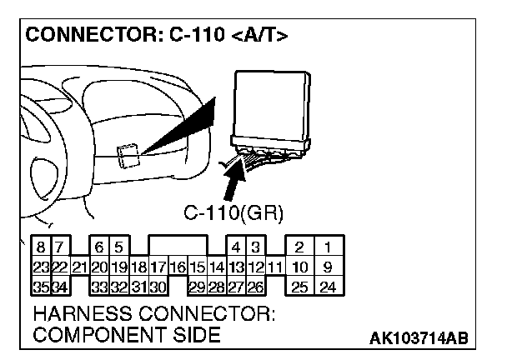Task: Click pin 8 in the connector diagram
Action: tap(40, 247)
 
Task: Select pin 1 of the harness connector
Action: tap(329, 247)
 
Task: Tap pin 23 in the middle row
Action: tap(40, 267)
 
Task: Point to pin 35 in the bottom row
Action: tap(40, 287)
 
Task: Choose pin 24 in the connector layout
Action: tap(329, 287)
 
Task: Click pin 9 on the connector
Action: tap(329, 267)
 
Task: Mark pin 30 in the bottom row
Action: tap(158, 287)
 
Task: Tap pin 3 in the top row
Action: tap(256, 247)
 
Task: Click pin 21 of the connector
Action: tap(79, 267)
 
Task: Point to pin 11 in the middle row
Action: tap(276, 267)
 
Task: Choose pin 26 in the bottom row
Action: tap(256, 287)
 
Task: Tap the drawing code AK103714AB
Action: tap(419, 337)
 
